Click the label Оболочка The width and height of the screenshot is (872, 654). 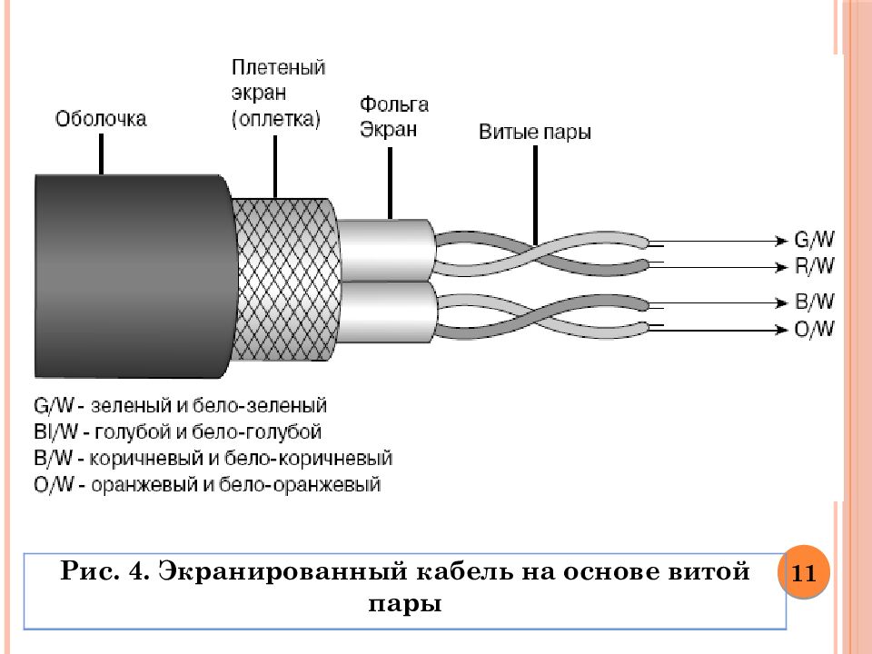click(100, 119)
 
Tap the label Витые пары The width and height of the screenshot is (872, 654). click(534, 133)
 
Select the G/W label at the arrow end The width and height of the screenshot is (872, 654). click(814, 241)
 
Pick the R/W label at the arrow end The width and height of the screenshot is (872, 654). click(814, 267)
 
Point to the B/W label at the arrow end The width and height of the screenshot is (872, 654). click(814, 302)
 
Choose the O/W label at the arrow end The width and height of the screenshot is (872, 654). click(814, 329)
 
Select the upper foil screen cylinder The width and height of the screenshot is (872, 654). click(386, 247)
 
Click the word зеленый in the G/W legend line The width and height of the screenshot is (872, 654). click(124, 405)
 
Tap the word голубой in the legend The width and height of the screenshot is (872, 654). click(129, 431)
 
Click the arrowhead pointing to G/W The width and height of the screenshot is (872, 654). click(779, 241)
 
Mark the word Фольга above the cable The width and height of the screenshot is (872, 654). click(393, 104)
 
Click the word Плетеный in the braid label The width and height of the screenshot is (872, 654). click(278, 68)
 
